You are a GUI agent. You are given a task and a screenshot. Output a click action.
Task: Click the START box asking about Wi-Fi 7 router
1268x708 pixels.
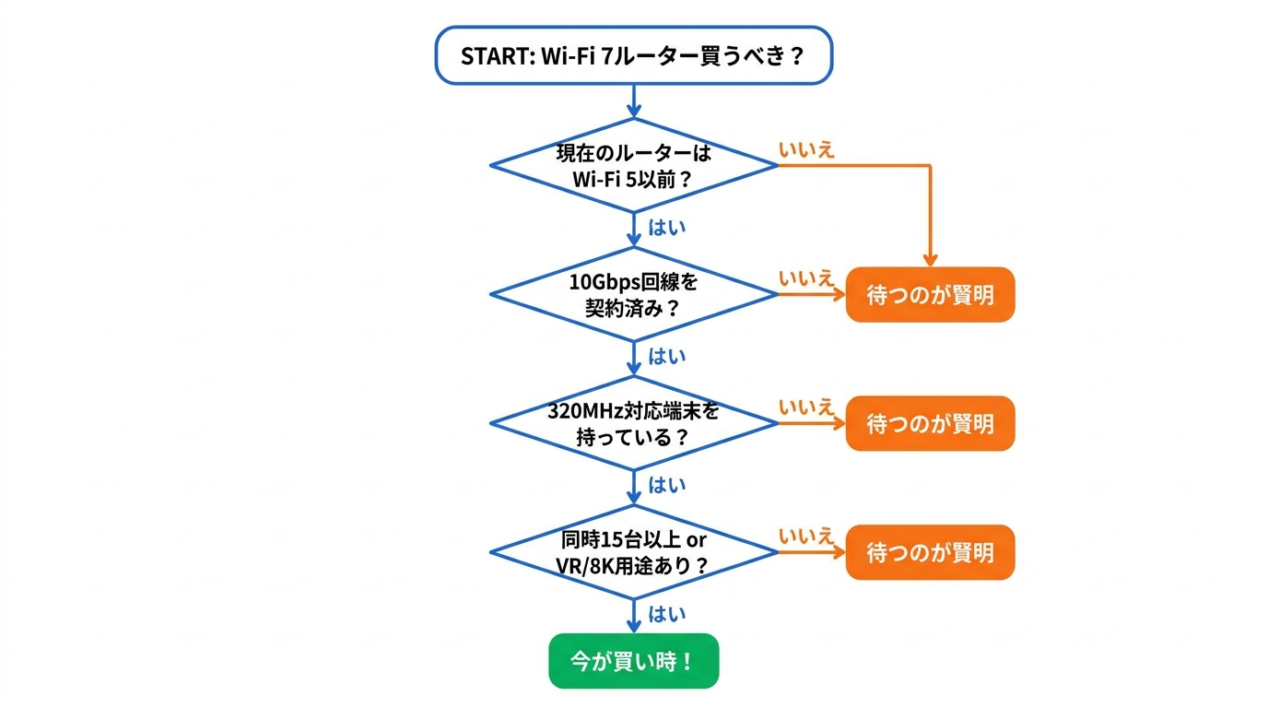pyautogui.click(x=633, y=55)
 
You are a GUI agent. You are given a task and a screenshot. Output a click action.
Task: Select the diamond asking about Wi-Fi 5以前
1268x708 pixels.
pyautogui.click(x=633, y=166)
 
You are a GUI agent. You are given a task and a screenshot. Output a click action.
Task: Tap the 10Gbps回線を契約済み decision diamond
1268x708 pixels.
pyautogui.click(x=633, y=295)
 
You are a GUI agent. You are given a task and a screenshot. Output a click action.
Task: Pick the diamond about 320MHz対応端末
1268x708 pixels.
pyautogui.click(x=633, y=424)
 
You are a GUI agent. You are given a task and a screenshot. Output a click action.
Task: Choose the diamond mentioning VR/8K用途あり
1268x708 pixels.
pyautogui.click(x=633, y=552)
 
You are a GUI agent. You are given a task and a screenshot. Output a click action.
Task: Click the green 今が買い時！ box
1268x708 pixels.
pyautogui.click(x=633, y=661)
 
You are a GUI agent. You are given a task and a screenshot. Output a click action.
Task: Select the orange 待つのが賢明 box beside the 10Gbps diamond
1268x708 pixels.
pyautogui.click(x=930, y=295)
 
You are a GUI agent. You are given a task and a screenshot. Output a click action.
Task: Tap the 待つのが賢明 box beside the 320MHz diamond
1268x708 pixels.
pyautogui.click(x=930, y=424)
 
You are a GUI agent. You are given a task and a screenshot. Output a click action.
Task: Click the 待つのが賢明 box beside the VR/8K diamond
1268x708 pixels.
pyautogui.click(x=930, y=552)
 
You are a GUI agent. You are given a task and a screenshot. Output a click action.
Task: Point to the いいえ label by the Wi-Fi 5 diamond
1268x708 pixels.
pyautogui.click(x=806, y=150)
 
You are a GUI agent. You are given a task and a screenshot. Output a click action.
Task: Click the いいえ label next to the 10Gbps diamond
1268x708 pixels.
pyautogui.click(x=806, y=278)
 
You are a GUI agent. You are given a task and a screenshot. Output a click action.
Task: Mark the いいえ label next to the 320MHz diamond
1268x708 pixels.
pyautogui.click(x=806, y=407)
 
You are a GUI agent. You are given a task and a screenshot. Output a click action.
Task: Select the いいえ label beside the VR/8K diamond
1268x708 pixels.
pyautogui.click(x=806, y=537)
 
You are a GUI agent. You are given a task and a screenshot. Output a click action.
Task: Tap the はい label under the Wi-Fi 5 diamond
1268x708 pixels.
pyautogui.click(x=667, y=228)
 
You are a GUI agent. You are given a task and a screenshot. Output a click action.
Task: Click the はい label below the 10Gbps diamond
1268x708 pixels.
pyautogui.click(x=667, y=357)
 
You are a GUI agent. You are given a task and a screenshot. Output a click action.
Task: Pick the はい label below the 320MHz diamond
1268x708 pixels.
pyautogui.click(x=667, y=485)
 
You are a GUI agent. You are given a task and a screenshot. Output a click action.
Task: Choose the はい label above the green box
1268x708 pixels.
pyautogui.click(x=667, y=614)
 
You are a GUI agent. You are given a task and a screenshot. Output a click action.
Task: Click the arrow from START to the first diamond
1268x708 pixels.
pyautogui.click(x=634, y=101)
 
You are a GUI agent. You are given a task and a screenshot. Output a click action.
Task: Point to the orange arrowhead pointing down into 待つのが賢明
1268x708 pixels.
pyautogui.click(x=931, y=259)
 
